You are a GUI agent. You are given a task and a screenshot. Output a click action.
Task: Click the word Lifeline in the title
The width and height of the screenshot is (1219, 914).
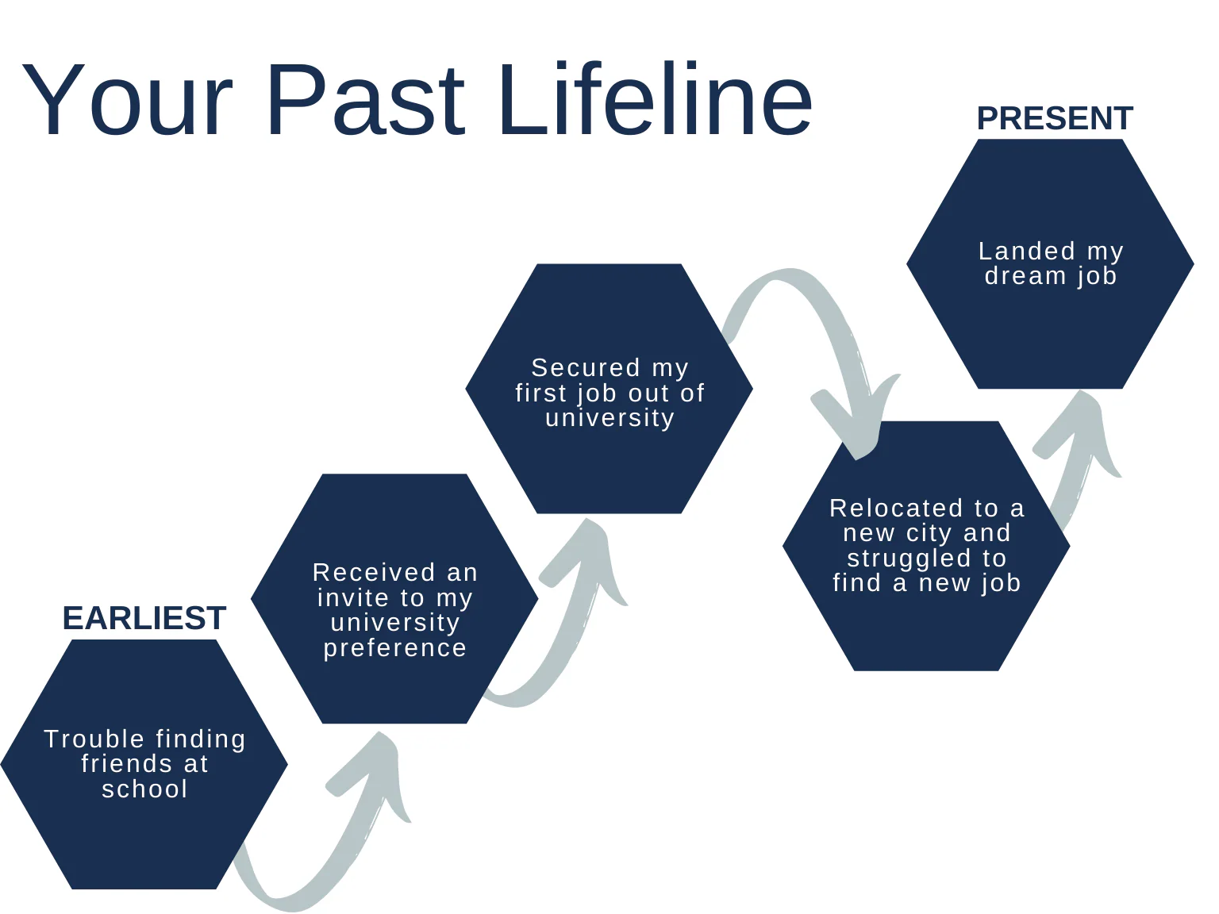655,101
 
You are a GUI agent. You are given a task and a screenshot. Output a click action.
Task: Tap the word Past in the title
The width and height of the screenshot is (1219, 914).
366,101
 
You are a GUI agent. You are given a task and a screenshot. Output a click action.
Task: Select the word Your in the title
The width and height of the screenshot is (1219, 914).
127,101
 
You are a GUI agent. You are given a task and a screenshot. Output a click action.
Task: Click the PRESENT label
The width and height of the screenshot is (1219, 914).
1055,118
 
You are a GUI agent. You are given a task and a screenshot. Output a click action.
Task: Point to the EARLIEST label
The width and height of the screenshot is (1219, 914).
144,618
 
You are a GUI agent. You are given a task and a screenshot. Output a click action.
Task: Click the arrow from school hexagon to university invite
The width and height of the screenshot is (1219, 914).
333,841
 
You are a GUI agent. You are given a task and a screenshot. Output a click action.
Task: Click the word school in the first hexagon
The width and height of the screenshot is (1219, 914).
144,789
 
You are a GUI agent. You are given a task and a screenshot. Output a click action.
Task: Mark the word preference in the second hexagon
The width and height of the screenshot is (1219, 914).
394,647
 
